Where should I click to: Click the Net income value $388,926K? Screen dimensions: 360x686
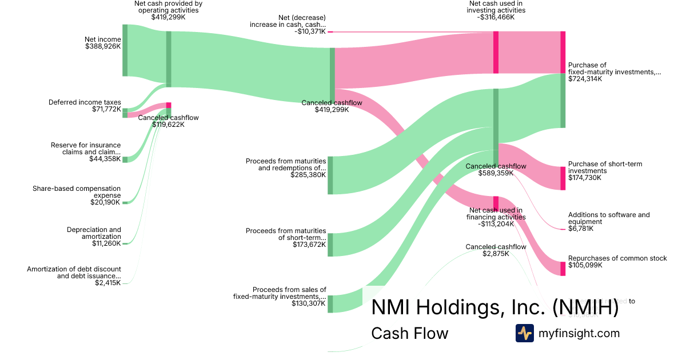tap(102, 46)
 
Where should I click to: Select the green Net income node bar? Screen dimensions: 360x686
tap(125, 50)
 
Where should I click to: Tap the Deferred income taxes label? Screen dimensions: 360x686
tap(85, 102)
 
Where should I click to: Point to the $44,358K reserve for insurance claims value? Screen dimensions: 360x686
tap(105, 159)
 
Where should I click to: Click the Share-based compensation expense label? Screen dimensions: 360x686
tap(77, 191)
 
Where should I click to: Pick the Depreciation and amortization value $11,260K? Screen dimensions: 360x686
tap(106, 243)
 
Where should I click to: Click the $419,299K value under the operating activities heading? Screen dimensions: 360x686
tap(168, 17)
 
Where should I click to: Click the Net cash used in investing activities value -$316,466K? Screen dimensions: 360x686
tap(496, 17)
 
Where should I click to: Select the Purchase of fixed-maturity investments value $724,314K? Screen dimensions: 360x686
tap(587, 79)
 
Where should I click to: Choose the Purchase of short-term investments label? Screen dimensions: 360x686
tap(605, 167)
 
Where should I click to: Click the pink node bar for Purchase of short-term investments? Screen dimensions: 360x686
tap(563, 178)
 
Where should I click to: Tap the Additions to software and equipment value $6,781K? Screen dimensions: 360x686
tap(580, 229)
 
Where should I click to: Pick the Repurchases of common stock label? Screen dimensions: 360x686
tap(617, 258)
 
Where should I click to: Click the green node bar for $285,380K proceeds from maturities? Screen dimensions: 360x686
tap(330, 175)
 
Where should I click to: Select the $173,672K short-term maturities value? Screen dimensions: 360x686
tap(308, 245)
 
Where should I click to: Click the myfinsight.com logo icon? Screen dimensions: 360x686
tap(524, 333)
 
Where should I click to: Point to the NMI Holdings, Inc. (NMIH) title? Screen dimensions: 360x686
tap(495, 307)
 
